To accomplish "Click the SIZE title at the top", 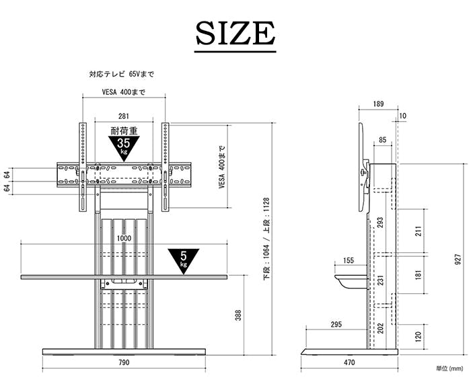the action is click(x=235, y=33).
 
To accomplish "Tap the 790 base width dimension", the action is click(x=124, y=362).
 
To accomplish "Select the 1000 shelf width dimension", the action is click(x=124, y=238).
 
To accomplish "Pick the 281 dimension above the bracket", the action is click(x=124, y=116).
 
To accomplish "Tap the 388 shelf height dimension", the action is click(x=238, y=315).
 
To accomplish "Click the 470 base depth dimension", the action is click(x=349, y=362).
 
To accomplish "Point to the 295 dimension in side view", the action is click(x=336, y=325).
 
